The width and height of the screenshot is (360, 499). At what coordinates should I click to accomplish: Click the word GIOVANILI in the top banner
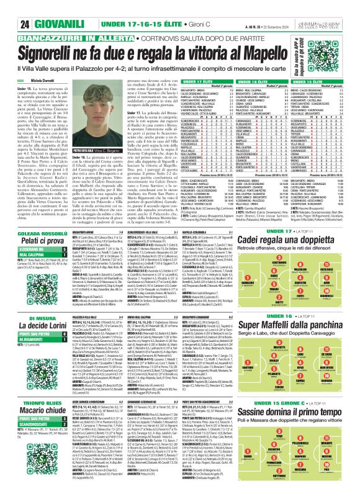coord(45,9)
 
